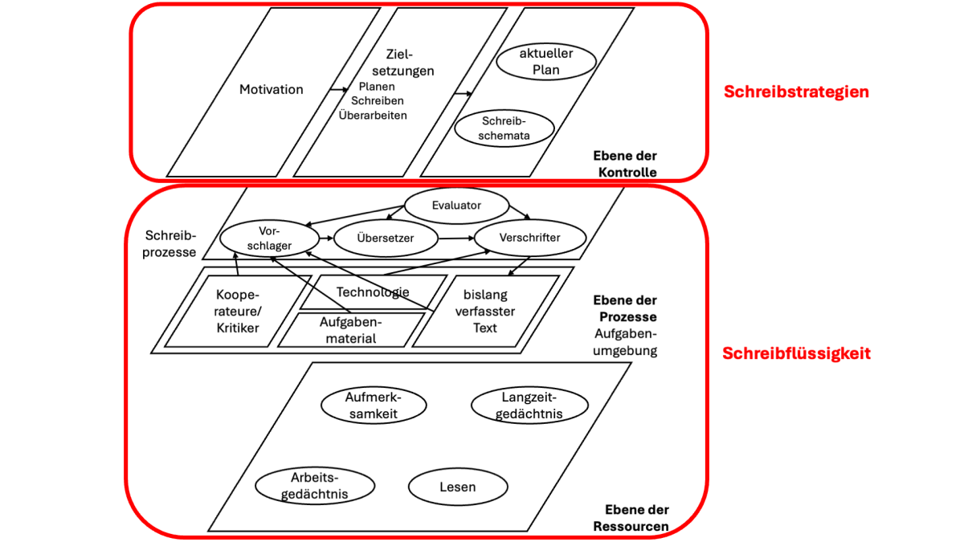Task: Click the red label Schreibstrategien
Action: click(x=796, y=92)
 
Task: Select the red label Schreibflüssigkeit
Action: click(x=796, y=353)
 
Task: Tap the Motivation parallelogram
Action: click(x=272, y=90)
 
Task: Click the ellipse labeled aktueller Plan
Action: click(x=546, y=61)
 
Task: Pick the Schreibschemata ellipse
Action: click(x=505, y=128)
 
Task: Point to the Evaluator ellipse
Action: click(x=456, y=206)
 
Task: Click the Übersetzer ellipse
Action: click(x=386, y=238)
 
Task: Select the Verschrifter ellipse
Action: click(x=529, y=238)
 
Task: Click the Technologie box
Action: click(x=373, y=292)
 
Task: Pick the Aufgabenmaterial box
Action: click(x=350, y=329)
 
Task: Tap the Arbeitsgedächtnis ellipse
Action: click(x=315, y=486)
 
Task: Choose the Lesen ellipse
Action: click(x=458, y=487)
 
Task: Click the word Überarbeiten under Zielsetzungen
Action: click(x=373, y=115)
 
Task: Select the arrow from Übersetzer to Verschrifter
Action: click(x=456, y=238)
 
